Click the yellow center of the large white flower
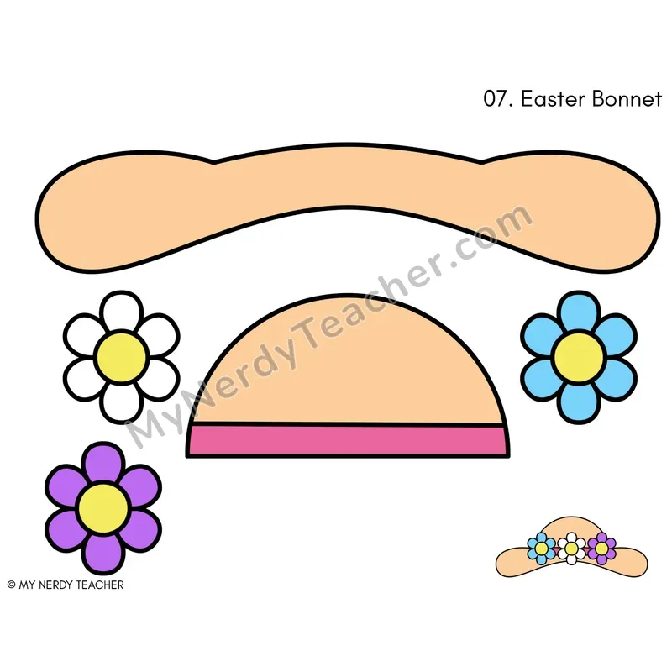(121, 356)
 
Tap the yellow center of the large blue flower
(579, 356)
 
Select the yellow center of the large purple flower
(103, 508)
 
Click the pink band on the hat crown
(348, 439)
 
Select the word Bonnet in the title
(627, 99)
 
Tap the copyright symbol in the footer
(12, 585)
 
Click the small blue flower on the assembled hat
(541, 549)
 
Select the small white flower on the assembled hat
(571, 549)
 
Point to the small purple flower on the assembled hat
(601, 549)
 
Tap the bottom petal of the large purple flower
(103, 554)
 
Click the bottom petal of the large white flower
(121, 403)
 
